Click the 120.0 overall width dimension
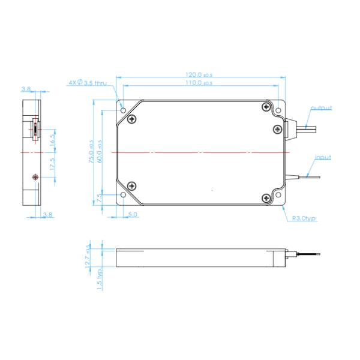coord(199,76)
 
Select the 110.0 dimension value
coord(199,83)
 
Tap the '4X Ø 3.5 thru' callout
coord(88,83)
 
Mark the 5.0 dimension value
coord(133,214)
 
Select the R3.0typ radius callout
coord(304,219)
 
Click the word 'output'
coord(321,108)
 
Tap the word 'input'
coord(323,157)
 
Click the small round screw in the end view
coord(34,177)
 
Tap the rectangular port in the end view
coord(35,129)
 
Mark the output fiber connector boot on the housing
coord(293,125)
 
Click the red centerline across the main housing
coord(198,153)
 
